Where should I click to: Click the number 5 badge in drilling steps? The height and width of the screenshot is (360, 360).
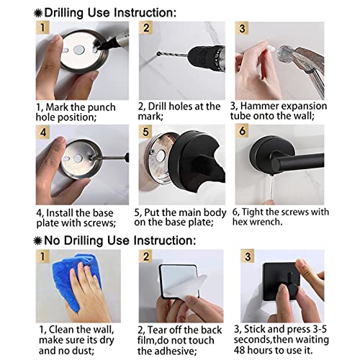(145, 132)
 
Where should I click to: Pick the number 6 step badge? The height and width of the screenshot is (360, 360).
(242, 131)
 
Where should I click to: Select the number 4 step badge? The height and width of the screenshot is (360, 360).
(42, 132)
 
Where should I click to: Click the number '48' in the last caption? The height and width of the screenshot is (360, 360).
(239, 350)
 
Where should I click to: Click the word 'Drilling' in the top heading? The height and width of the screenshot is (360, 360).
(63, 12)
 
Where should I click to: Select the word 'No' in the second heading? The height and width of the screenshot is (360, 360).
(53, 240)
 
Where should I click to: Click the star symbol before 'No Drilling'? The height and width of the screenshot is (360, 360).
(38, 240)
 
